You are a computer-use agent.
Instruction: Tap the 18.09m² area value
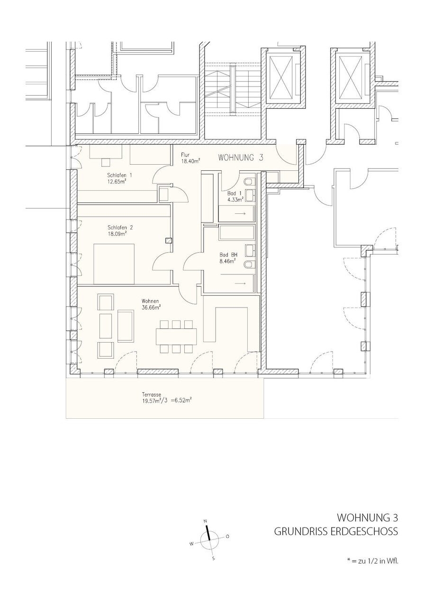(117, 234)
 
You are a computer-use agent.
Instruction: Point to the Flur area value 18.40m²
(190, 160)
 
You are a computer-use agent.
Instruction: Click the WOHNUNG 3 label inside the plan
(241, 158)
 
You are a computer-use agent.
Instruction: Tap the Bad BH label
(228, 255)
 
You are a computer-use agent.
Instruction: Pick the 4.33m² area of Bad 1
(235, 199)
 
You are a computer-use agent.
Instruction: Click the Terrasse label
(152, 394)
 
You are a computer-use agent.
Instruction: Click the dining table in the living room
(177, 336)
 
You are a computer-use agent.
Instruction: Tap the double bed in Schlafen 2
(114, 264)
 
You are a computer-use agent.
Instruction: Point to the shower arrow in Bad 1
(240, 213)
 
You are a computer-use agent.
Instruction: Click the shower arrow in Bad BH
(240, 283)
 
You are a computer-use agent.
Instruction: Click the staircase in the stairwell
(233, 89)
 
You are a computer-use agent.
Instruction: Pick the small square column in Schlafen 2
(168, 240)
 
